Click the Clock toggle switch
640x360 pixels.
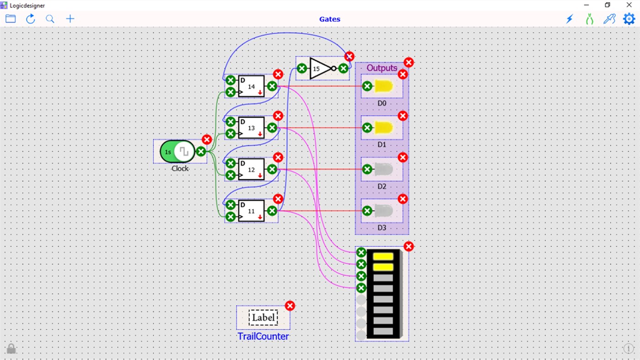pos(177,151)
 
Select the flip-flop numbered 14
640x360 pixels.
pos(251,86)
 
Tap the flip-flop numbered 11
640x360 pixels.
pos(251,211)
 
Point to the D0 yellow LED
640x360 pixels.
pos(383,86)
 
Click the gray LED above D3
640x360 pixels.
pos(383,211)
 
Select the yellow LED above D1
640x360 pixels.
pos(383,128)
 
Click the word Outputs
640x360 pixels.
pos(382,68)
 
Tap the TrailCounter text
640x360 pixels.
pos(263,337)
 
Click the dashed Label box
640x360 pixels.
pos(263,317)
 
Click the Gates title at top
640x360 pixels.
pos(329,19)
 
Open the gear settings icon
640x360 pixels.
pos(629,19)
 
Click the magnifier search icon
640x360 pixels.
pos(50,19)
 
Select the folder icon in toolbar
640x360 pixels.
pos(11,19)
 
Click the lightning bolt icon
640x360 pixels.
pos(570,19)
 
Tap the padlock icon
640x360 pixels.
pos(11,349)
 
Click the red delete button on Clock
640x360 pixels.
pos(207,140)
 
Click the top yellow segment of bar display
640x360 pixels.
pos(383,257)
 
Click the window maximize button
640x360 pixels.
pos(608,5)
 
